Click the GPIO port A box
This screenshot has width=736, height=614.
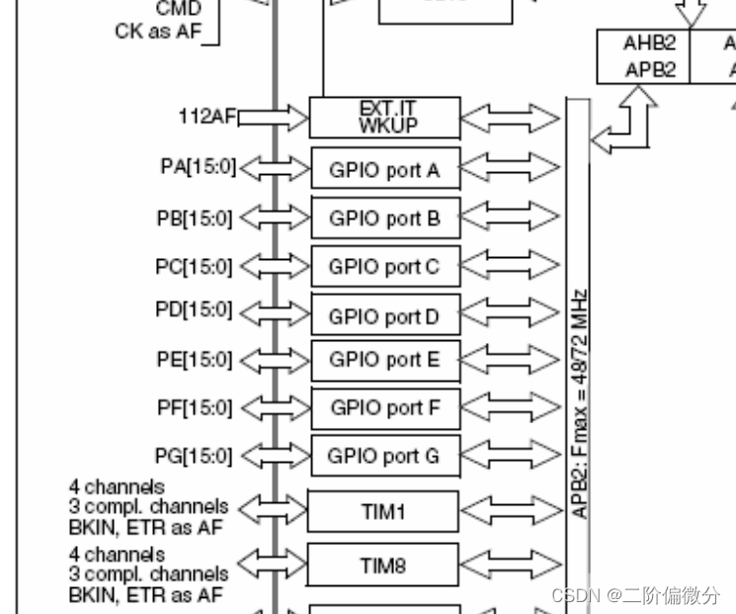coord(385,170)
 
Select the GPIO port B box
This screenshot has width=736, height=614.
coord(385,218)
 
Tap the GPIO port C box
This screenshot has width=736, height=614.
coord(385,266)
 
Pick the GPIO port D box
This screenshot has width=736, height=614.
coord(385,315)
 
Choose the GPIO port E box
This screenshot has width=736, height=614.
coord(385,361)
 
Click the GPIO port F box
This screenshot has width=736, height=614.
coord(385,407)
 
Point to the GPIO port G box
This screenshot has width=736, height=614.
coord(385,457)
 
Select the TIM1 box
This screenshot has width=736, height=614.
coord(383,512)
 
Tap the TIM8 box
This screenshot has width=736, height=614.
coord(383,565)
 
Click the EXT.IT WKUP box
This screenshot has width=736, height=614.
coord(385,118)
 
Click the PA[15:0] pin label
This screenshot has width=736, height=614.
coord(198,167)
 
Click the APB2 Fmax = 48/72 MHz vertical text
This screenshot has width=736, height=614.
coord(580,403)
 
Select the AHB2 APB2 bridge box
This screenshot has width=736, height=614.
coord(643,56)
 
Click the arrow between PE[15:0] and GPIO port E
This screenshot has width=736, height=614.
coord(274,360)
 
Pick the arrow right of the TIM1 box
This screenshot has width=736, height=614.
coord(511,512)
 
